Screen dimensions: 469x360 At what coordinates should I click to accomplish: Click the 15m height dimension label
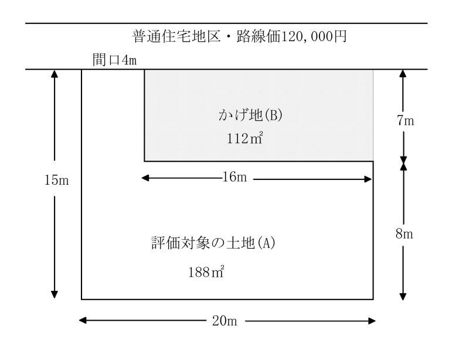tap(56, 180)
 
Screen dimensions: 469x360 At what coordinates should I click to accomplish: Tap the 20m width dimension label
tap(225, 321)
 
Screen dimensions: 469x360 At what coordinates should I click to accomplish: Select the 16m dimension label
tap(235, 177)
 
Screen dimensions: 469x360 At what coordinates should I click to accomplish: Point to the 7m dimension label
tap(406, 121)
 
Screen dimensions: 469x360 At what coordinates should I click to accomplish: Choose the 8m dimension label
tap(405, 234)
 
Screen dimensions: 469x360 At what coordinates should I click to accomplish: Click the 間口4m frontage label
tap(114, 60)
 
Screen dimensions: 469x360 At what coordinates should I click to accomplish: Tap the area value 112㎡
tap(244, 138)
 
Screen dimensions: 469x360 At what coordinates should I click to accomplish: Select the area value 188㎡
tap(206, 272)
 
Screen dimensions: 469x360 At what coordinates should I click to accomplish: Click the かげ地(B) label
tap(250, 115)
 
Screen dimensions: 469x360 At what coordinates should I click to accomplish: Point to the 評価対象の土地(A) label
tap(213, 243)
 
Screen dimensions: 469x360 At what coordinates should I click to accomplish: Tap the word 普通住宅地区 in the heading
tap(176, 36)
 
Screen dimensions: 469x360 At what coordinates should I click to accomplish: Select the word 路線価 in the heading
tap(258, 36)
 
